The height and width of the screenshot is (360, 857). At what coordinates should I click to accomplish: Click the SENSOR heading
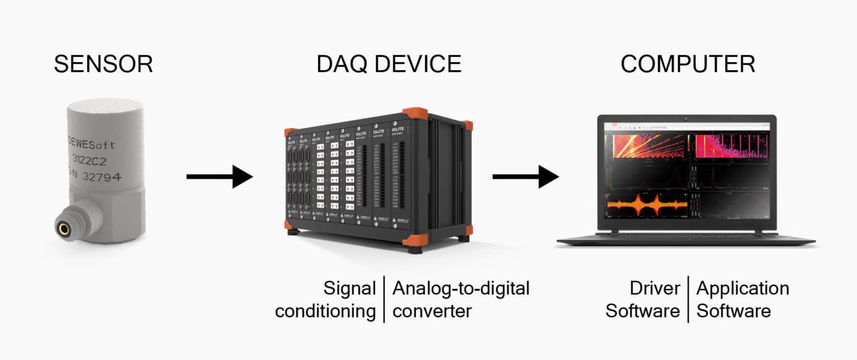click(x=103, y=64)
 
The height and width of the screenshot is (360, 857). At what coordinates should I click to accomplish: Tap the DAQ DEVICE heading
click(x=389, y=64)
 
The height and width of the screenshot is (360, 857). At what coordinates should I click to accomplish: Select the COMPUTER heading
click(x=688, y=64)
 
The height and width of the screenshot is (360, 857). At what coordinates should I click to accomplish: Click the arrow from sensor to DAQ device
click(x=220, y=177)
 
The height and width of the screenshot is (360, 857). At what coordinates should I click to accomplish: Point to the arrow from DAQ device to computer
click(x=525, y=177)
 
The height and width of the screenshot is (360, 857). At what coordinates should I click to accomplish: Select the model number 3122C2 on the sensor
click(x=89, y=160)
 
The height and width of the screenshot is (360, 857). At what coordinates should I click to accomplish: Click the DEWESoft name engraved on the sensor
click(x=91, y=144)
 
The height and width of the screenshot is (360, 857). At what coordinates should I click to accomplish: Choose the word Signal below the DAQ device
click(x=349, y=288)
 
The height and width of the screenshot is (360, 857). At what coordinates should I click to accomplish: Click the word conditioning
click(x=325, y=311)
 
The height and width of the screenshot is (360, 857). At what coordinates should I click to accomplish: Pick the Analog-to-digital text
click(x=461, y=288)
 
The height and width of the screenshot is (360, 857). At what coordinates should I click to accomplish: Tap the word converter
click(x=432, y=311)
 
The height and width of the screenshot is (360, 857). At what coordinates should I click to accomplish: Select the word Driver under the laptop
click(x=655, y=288)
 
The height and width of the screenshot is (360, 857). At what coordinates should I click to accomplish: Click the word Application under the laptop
click(x=742, y=288)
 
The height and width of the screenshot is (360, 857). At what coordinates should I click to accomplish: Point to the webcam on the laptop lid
click(x=686, y=118)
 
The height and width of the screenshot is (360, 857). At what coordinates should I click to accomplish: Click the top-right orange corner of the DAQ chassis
click(x=415, y=115)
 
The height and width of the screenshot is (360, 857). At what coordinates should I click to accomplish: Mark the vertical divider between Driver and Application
click(x=688, y=299)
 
